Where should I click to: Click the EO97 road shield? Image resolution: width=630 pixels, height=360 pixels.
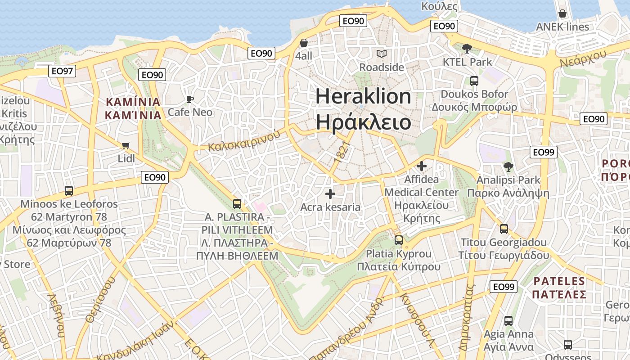[62, 71]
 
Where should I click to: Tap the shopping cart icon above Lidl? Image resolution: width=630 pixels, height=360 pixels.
[126, 145]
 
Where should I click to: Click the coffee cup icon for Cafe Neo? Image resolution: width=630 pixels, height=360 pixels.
[189, 99]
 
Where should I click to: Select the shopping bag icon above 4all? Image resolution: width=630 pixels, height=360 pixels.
[304, 43]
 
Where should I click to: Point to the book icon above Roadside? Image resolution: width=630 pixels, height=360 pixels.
[382, 54]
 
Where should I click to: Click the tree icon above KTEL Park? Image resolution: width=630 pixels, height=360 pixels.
[467, 48]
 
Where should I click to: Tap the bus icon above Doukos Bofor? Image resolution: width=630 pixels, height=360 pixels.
[474, 81]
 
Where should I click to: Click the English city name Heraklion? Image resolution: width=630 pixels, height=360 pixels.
[363, 97]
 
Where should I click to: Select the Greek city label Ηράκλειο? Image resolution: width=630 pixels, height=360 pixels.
[363, 122]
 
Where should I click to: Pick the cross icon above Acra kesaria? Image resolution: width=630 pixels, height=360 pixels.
[330, 194]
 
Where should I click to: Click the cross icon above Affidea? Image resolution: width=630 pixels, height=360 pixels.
[421, 166]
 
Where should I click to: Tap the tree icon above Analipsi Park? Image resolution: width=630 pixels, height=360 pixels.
[508, 167]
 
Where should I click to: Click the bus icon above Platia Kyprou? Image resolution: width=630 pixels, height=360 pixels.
[399, 240]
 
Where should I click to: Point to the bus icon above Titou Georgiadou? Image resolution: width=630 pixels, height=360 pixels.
[504, 229]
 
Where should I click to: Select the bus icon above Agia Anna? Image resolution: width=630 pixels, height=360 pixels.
[508, 321]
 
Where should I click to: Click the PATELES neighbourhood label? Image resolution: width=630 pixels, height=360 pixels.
[559, 282]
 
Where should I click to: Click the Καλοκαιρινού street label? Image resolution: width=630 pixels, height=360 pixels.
[241, 140]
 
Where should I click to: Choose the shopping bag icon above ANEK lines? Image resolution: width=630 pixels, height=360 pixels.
[562, 13]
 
